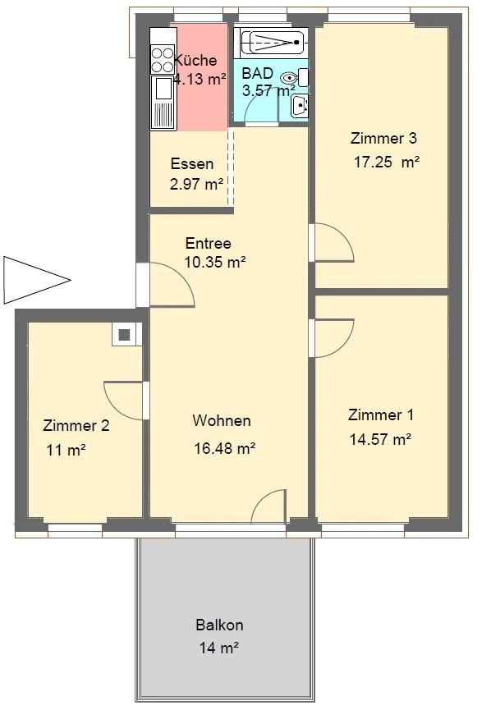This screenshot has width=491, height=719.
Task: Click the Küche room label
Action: pos(196,60)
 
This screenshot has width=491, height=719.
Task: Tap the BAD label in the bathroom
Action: pos(257,72)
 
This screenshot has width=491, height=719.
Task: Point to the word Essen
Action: pos(192,163)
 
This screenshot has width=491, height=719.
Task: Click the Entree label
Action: pos(208,244)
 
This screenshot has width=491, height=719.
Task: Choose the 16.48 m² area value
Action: pos(224,448)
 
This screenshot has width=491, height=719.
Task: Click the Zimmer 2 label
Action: pos(76,425)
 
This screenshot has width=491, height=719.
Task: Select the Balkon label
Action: pos(219,625)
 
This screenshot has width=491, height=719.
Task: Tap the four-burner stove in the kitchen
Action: pos(158,59)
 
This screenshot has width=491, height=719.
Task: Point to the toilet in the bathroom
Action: pos(288,79)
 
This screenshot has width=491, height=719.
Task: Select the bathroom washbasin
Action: pos(300,105)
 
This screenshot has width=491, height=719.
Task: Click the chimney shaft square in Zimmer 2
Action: pos(124,334)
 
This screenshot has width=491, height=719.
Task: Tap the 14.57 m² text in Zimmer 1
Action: pos(380,439)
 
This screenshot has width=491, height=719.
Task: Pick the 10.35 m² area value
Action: pos(215,263)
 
